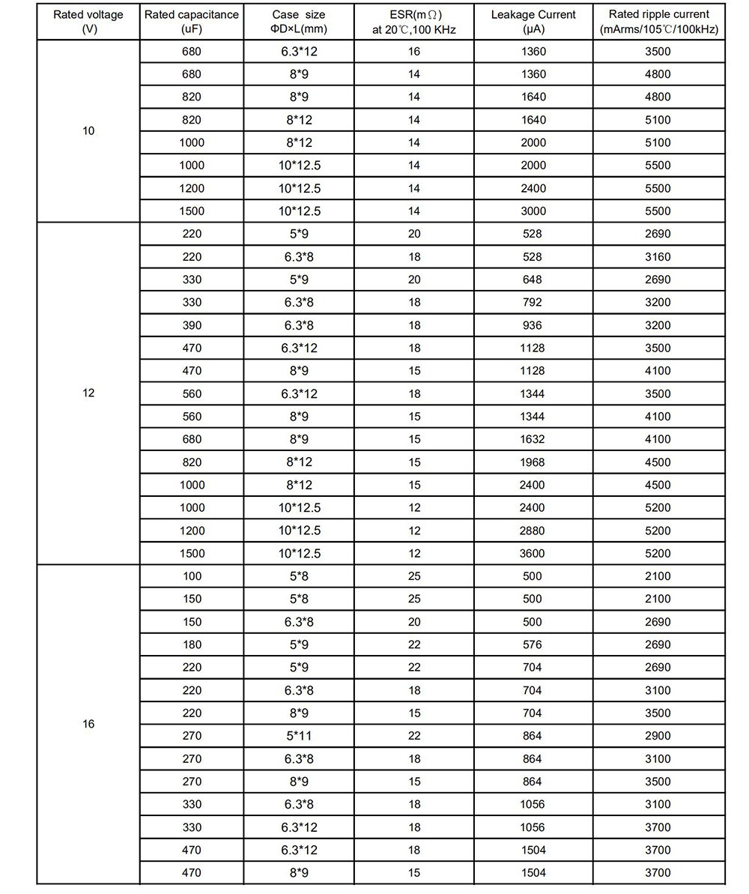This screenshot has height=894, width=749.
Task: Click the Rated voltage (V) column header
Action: coord(88,22)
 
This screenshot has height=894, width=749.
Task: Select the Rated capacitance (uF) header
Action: coord(192,22)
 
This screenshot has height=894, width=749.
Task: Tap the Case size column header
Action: coord(300,22)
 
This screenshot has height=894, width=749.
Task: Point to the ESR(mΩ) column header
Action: coord(413,22)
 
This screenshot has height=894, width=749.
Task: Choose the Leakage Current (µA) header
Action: coord(533,22)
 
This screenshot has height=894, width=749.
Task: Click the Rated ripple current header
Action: coord(659,22)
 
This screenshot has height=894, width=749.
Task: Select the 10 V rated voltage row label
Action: coord(88,131)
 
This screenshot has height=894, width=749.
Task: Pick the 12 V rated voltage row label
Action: coord(88,393)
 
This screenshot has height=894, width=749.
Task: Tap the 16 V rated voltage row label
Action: coord(88,725)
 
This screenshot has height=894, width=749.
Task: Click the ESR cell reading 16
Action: coord(414,52)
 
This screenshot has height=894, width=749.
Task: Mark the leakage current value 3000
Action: coord(533,211)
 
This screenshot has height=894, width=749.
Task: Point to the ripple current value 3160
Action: coord(658,257)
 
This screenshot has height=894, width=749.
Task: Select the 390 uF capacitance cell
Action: coord(192,325)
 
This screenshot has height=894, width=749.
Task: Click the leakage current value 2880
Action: coord(533,531)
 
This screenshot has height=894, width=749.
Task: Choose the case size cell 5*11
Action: coord(299,736)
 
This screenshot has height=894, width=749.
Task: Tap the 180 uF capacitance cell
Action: coord(192,644)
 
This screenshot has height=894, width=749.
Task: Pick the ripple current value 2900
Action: coord(658,736)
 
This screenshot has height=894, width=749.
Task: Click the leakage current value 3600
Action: coord(533,554)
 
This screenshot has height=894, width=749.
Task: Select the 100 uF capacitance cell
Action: coord(192,576)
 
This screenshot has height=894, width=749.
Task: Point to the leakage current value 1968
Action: coord(533,462)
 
